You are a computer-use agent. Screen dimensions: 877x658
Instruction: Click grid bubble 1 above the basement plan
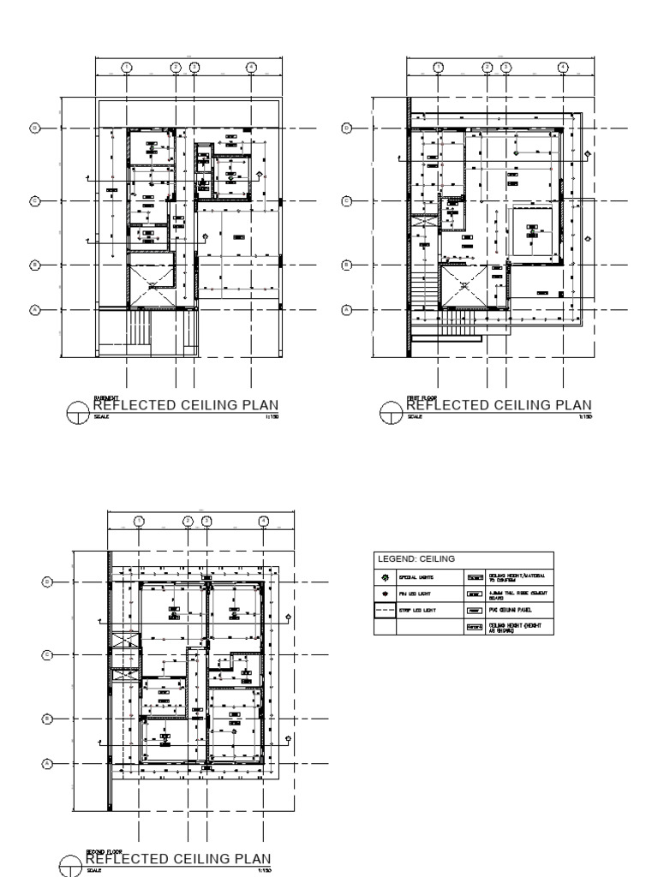coord(126,67)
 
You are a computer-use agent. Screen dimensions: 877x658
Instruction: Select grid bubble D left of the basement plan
coord(35,128)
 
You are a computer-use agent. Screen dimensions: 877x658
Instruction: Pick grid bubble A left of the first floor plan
coord(347,310)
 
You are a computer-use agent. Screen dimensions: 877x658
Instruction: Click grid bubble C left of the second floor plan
coord(48,655)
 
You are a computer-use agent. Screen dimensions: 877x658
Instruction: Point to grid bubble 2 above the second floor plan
coord(188,521)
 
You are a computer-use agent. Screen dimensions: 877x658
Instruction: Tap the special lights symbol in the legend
coord(386,578)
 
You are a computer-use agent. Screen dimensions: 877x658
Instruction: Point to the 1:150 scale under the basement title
coord(273,417)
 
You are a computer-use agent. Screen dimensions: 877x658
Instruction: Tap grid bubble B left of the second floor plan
coord(48,719)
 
